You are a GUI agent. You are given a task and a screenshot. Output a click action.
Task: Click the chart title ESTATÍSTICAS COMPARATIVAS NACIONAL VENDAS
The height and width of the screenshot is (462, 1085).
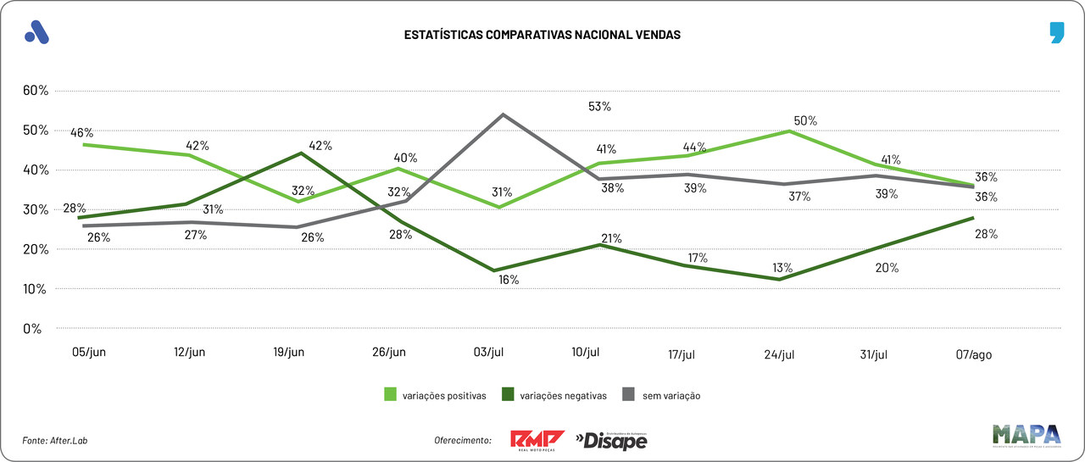[x=542, y=36]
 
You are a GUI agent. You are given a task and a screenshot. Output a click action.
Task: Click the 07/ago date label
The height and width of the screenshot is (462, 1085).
[x=973, y=354]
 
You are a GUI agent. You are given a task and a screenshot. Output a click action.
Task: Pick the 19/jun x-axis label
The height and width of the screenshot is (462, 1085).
[x=289, y=353]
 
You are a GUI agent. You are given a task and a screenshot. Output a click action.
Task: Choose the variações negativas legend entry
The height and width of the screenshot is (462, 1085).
[x=554, y=395]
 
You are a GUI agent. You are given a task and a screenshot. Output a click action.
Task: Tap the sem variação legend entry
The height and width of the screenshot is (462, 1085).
[x=662, y=395]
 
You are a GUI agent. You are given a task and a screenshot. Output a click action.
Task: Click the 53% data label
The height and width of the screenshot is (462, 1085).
[x=600, y=107]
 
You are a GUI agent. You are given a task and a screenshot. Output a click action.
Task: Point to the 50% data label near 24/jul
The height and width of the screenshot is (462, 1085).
[x=805, y=120]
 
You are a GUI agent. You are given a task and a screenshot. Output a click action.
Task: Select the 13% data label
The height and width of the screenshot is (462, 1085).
[x=782, y=268]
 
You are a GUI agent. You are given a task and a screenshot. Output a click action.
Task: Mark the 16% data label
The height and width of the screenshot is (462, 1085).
[x=509, y=280]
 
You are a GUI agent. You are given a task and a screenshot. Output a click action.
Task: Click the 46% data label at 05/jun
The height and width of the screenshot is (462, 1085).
[x=82, y=133]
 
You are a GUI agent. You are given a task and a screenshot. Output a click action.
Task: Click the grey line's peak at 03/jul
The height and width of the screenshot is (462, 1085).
[x=504, y=114]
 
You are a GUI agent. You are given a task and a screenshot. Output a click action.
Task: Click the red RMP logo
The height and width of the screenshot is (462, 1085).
[x=537, y=440]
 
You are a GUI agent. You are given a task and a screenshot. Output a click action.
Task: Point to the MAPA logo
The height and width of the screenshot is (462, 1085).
[x=1027, y=435]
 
